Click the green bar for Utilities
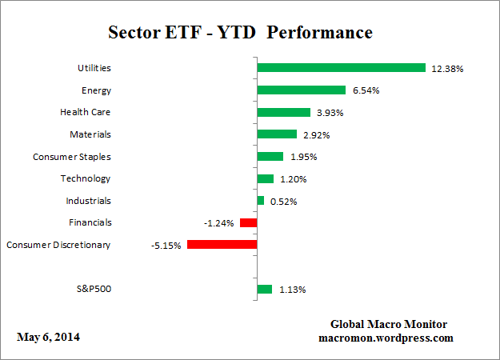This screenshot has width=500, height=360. click(x=341, y=68)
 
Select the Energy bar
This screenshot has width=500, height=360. click(x=301, y=90)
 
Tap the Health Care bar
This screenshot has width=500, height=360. click(x=283, y=112)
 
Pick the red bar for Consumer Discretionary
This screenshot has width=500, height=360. click(x=222, y=245)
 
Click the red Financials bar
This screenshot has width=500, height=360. click(x=248, y=222)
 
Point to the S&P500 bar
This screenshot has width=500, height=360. click(x=264, y=289)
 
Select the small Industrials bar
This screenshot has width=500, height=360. click(x=260, y=201)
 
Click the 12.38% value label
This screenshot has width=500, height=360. click(x=447, y=69)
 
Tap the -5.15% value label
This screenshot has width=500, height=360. click(x=166, y=246)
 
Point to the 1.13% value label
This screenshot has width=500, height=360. click(x=293, y=290)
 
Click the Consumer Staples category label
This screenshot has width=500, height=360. click(x=71, y=156)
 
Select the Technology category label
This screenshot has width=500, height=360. click(x=85, y=178)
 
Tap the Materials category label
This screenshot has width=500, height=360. click(x=90, y=134)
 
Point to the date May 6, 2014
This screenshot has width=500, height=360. click(x=48, y=337)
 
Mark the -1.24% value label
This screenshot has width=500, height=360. click(x=218, y=223)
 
